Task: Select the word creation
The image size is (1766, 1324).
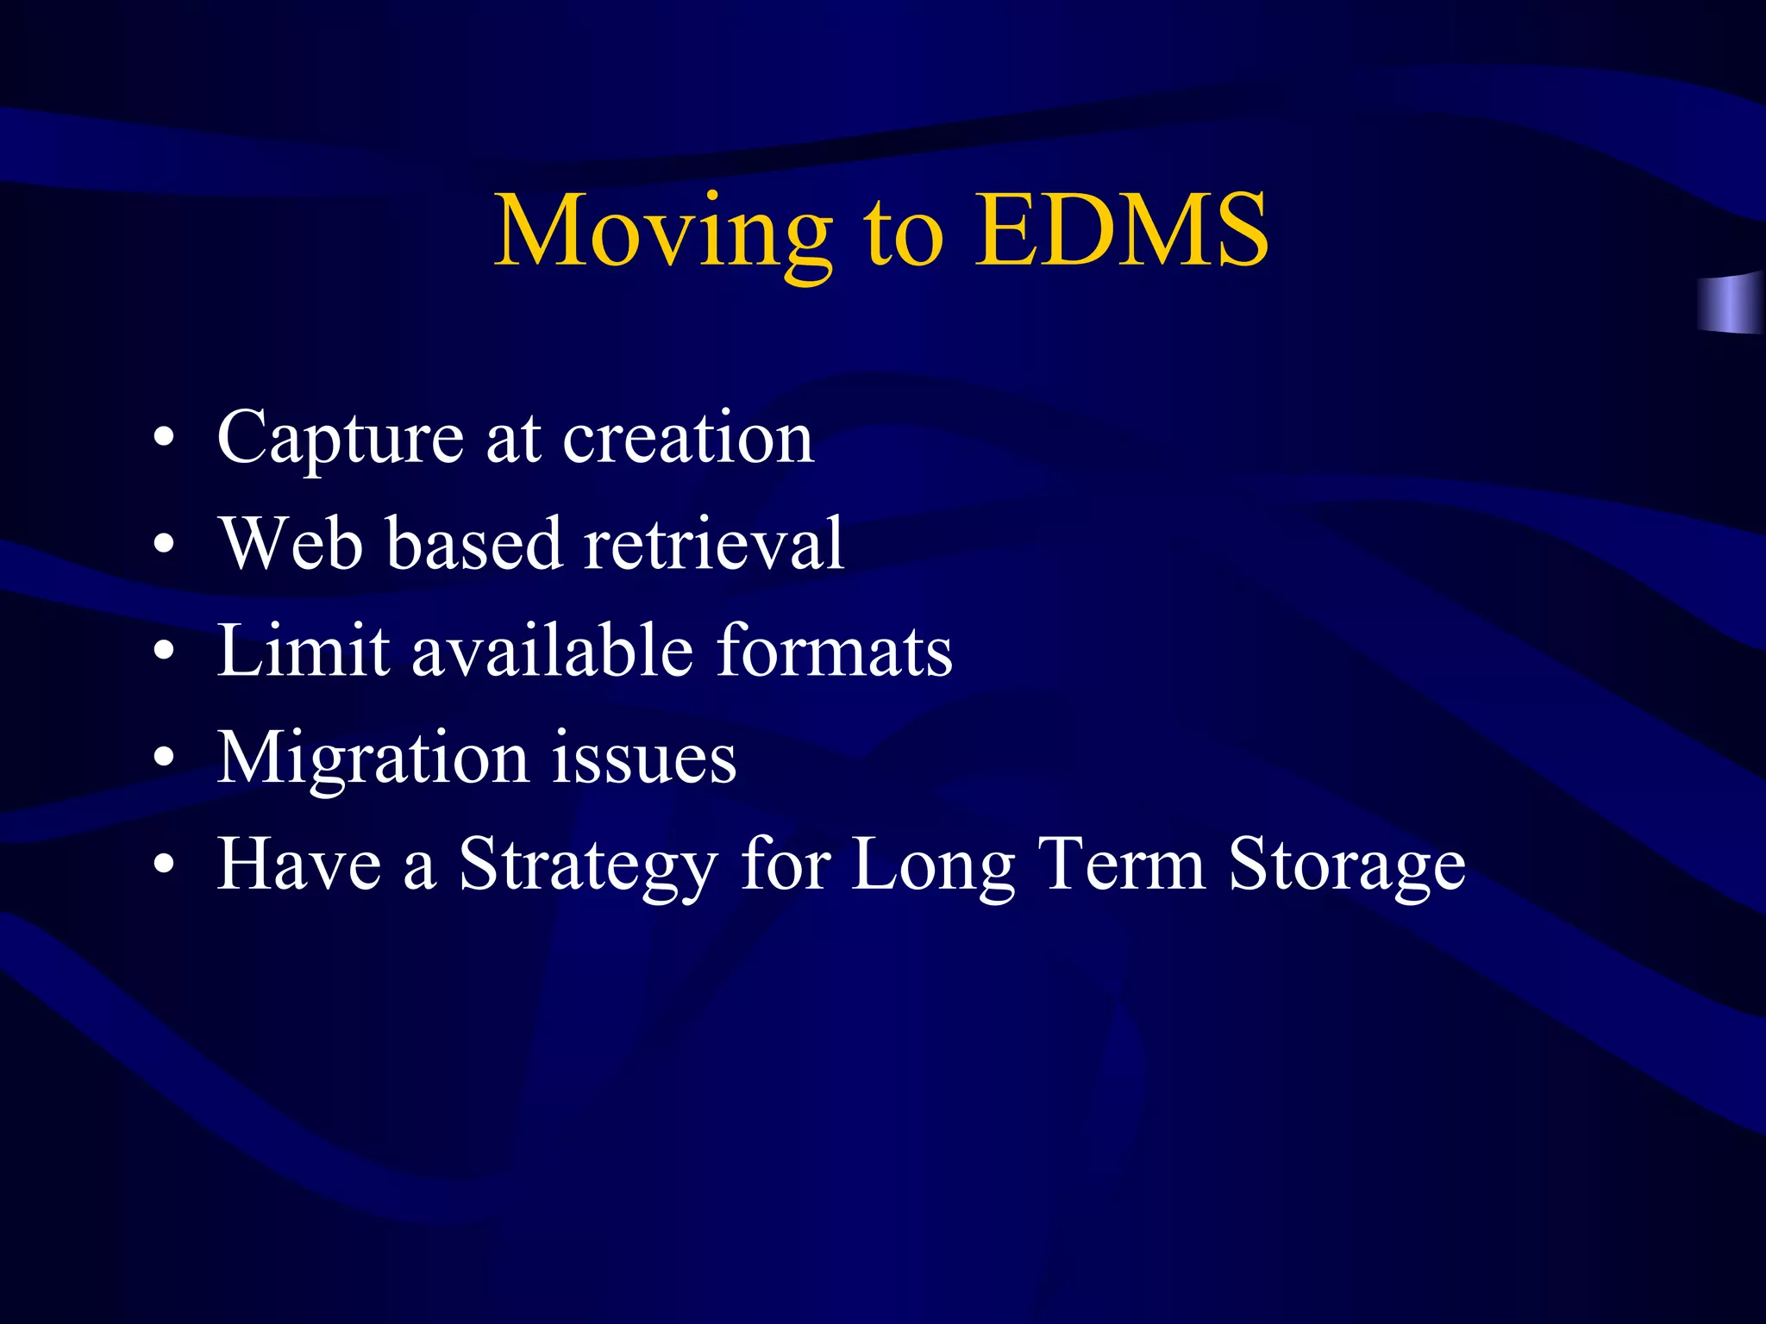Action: pos(688,438)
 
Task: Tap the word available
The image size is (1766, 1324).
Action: pos(552,650)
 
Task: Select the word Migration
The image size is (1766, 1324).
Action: pos(373,759)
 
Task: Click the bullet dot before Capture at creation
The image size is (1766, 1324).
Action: pos(164,439)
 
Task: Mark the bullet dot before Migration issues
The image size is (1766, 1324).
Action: pos(164,758)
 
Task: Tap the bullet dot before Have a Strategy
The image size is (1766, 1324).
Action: pos(164,865)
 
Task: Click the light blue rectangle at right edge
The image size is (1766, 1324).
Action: pos(1732,303)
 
